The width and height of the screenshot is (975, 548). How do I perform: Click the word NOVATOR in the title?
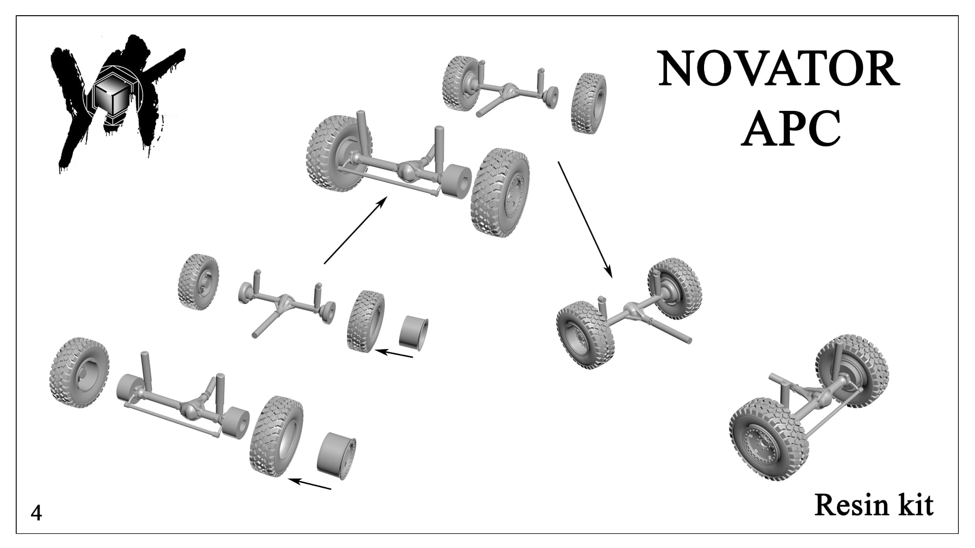click(x=778, y=70)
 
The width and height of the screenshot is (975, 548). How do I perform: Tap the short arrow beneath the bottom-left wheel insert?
click(x=310, y=484)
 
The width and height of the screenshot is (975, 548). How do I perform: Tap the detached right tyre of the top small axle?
click(x=589, y=103)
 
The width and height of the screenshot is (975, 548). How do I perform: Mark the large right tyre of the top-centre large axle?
click(x=499, y=193)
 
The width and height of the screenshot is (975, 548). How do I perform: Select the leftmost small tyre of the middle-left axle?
click(x=198, y=282)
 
